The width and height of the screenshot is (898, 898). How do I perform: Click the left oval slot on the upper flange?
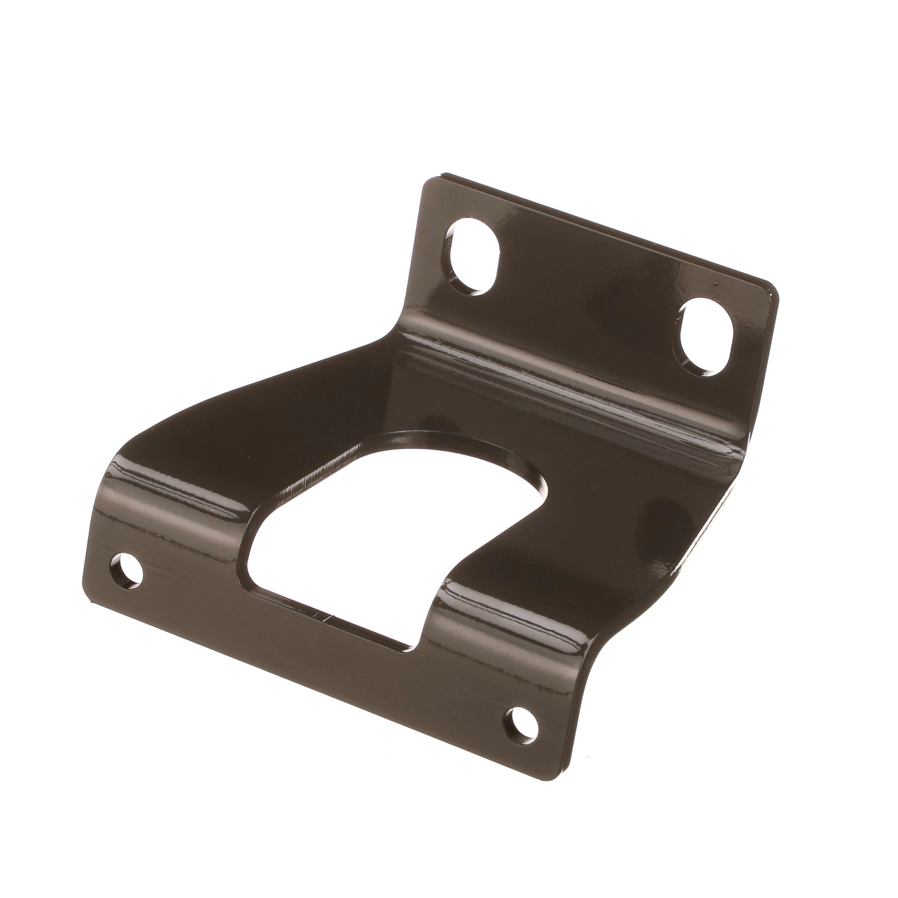tap(472, 257)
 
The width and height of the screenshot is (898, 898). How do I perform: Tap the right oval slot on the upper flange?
tap(706, 336)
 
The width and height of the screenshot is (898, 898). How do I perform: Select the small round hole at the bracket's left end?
tap(126, 571)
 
